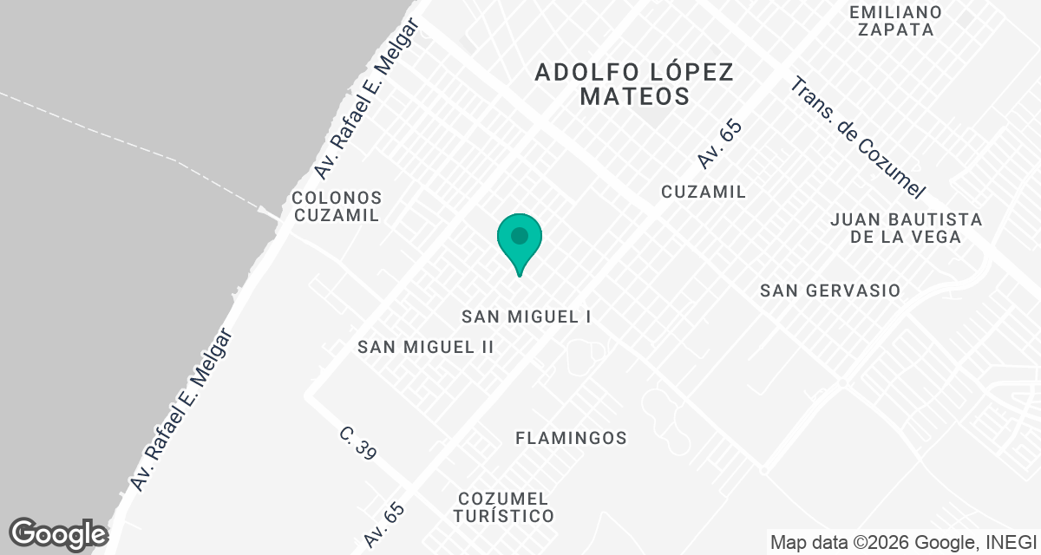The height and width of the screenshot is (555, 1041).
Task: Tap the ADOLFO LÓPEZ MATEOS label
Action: pos(634,84)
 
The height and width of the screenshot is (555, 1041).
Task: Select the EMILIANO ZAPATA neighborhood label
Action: pos(896,21)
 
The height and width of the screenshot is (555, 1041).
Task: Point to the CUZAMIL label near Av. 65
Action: pos(704,192)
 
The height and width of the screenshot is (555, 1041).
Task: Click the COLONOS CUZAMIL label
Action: pos(337,206)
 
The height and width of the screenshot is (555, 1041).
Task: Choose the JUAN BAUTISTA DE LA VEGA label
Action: pos(906,228)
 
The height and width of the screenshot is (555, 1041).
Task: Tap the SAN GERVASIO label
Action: pos(830,291)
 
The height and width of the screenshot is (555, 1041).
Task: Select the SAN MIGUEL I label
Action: pos(526,317)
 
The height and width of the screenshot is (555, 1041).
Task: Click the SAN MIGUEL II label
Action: pos(426,347)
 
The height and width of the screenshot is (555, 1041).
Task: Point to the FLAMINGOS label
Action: pos(571,438)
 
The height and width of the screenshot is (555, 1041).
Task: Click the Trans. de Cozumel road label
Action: pos(859,138)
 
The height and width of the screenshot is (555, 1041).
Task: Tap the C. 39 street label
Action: pos(357,442)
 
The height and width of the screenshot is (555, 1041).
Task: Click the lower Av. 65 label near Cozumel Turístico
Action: pos(385,525)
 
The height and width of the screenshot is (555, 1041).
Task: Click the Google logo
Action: pos(58,534)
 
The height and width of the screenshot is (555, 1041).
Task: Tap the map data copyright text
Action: pos(903,543)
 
